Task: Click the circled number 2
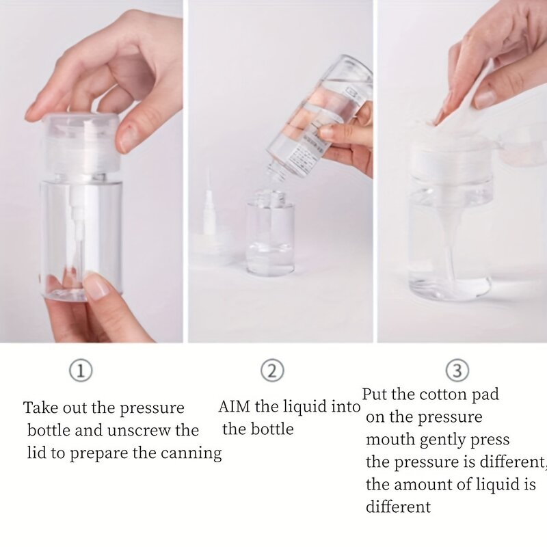(x=272, y=371)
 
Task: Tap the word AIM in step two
(x=234, y=407)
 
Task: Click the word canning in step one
(x=194, y=453)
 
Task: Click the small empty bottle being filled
(x=270, y=236)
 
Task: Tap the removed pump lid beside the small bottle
(x=209, y=232)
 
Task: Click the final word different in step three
(x=398, y=507)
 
